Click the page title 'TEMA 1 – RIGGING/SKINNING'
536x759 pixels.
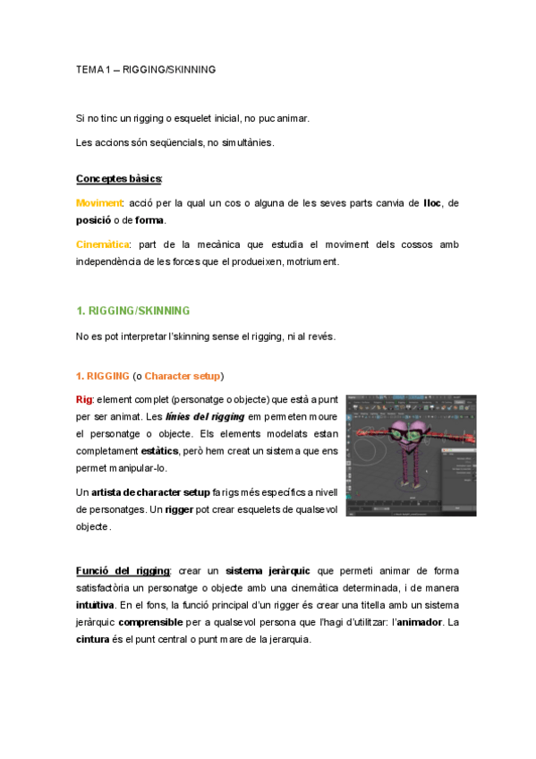[x=146, y=69]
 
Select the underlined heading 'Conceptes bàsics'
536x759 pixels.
[x=118, y=179]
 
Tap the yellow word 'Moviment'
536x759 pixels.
[x=98, y=204]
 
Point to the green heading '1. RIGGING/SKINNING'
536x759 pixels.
[x=133, y=311]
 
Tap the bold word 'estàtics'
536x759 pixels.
[x=159, y=451]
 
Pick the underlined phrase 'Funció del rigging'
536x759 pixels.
[x=123, y=570]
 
